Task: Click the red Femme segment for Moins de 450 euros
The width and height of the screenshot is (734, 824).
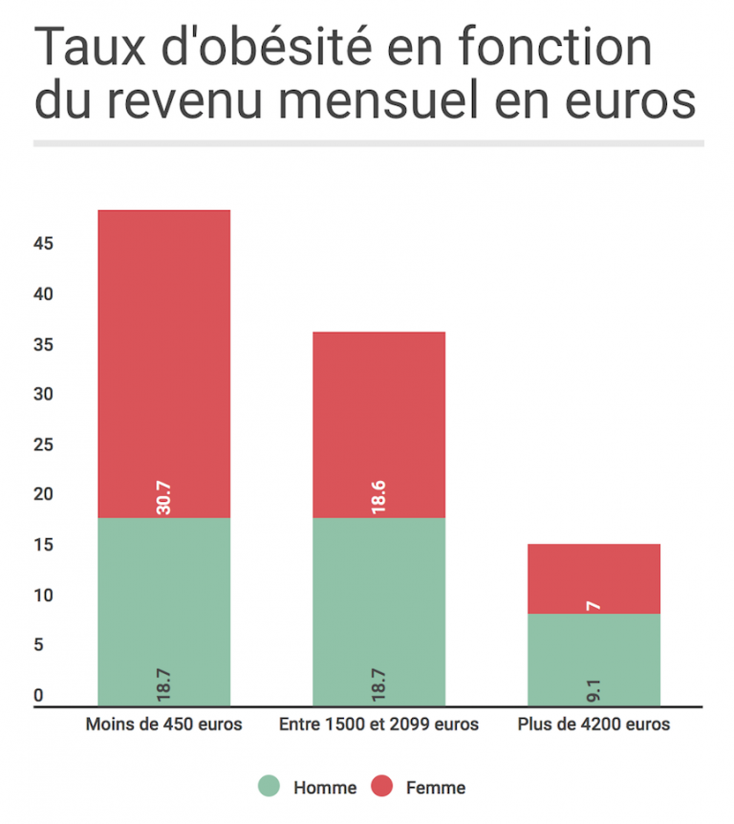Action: pos(164,363)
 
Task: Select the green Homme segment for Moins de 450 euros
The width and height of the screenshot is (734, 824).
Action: pos(164,612)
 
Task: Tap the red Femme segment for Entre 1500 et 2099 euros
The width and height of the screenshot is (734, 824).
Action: pos(378,424)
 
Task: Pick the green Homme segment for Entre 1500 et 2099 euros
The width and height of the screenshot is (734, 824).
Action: pos(378,612)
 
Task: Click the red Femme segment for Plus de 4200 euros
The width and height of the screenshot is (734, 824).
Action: pos(594,578)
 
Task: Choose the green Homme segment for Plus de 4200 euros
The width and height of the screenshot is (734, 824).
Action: pos(594,660)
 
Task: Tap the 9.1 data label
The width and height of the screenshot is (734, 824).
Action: pos(594,688)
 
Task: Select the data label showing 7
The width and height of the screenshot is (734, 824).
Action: pos(594,604)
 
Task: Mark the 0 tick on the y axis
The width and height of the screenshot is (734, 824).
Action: pos(39,696)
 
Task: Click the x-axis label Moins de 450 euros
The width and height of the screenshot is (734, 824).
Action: pos(163,725)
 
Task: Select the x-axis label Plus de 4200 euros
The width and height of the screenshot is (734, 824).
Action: pos(594,725)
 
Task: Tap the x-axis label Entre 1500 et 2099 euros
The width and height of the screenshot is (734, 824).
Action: pos(378,725)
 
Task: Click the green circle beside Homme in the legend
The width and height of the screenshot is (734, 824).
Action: pos(270,787)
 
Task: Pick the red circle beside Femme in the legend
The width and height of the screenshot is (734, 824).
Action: pos(382,787)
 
